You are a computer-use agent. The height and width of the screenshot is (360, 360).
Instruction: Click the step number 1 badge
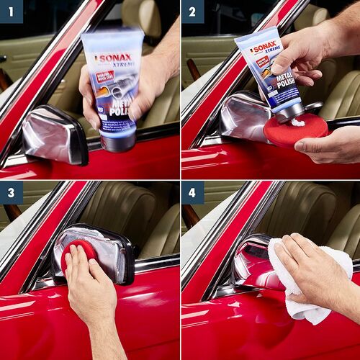pos(12,12)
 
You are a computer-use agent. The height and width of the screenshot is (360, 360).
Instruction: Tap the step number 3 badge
pos(12,192)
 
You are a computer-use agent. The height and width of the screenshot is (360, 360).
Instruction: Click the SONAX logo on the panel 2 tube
pos(264,48)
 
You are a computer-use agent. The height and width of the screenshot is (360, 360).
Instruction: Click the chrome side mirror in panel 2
pos(241,115)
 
